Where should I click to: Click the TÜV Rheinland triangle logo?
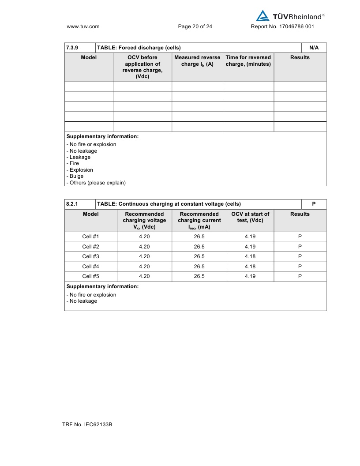click(263, 16)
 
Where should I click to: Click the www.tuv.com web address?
click(83, 26)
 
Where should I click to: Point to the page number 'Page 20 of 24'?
click(195, 26)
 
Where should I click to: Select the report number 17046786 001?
click(282, 26)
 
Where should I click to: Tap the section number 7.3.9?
click(72, 48)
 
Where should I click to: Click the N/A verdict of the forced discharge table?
click(314, 48)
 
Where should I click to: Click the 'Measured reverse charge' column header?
click(197, 61)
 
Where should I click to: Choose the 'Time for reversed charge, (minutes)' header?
click(248, 61)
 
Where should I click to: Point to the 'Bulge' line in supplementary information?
click(76, 176)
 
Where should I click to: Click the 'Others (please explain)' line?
click(96, 183)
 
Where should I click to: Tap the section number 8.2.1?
click(72, 204)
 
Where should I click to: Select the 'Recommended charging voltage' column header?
click(144, 220)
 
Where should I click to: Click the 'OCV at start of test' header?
click(250, 217)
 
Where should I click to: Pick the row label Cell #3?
click(90, 256)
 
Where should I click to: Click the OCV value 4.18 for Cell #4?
click(250, 267)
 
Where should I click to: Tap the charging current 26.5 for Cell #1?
click(199, 237)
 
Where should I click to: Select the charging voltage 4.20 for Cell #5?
click(144, 276)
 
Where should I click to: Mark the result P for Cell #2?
click(300, 247)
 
